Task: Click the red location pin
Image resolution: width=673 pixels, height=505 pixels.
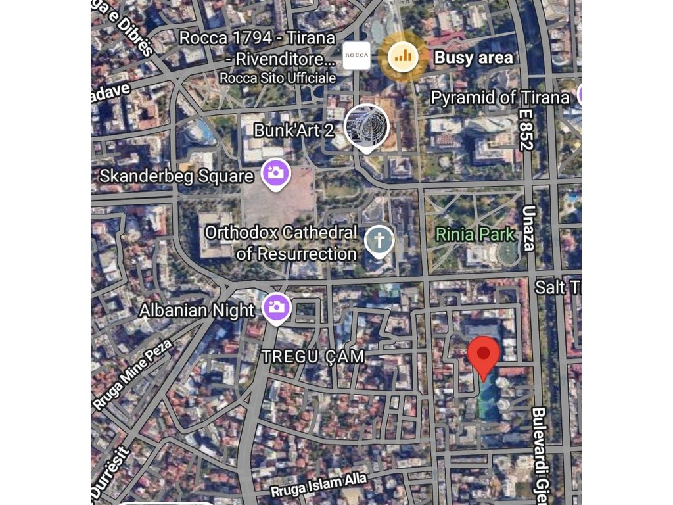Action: click(x=484, y=355)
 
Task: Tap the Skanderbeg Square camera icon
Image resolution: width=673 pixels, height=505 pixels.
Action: click(x=276, y=174)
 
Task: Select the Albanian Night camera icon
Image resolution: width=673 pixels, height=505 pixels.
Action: click(x=276, y=307)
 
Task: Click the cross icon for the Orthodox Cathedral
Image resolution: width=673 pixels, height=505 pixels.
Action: click(x=379, y=240)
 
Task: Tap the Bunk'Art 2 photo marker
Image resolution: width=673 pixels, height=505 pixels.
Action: click(x=366, y=127)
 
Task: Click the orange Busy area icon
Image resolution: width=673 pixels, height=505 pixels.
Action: click(x=404, y=57)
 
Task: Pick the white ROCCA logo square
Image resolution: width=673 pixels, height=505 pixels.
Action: click(x=357, y=55)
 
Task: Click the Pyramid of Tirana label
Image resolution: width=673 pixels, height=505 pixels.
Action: click(x=499, y=98)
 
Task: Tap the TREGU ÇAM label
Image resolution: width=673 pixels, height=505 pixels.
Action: click(x=312, y=356)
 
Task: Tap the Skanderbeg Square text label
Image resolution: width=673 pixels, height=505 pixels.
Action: click(x=176, y=176)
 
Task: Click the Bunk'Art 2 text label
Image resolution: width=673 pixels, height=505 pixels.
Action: click(x=294, y=130)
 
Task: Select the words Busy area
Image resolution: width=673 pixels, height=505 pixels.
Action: click(x=473, y=57)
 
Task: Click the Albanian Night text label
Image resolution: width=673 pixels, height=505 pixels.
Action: click(x=197, y=309)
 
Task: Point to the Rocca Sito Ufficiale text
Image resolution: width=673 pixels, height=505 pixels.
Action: click(x=277, y=78)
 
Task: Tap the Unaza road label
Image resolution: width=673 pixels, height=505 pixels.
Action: click(x=528, y=228)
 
